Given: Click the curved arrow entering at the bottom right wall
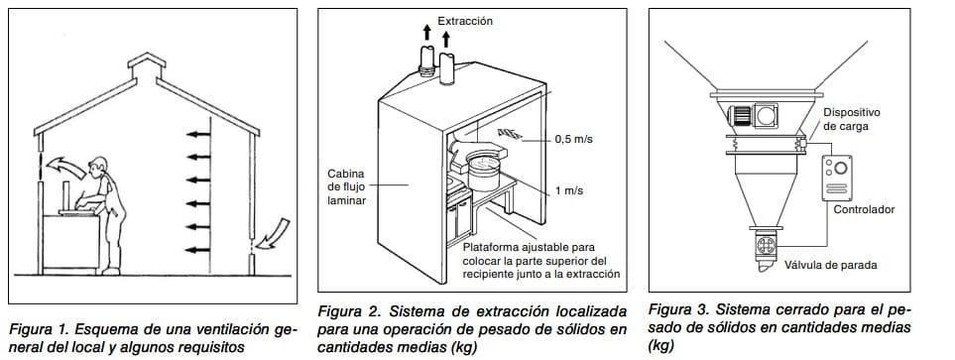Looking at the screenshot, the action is [273, 234].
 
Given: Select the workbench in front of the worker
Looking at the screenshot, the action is [70, 242].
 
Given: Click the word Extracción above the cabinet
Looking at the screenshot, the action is [465, 21].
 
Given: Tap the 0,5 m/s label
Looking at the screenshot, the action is [573, 139].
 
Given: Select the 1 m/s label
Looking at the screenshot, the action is [568, 190].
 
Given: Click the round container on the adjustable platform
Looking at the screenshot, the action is [483, 171].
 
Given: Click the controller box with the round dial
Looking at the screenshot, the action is [836, 178].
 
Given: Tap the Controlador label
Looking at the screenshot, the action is [864, 210].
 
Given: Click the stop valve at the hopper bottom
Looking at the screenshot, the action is [767, 246].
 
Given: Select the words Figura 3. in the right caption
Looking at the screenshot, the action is [677, 308].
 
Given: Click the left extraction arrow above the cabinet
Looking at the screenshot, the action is [427, 33].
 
